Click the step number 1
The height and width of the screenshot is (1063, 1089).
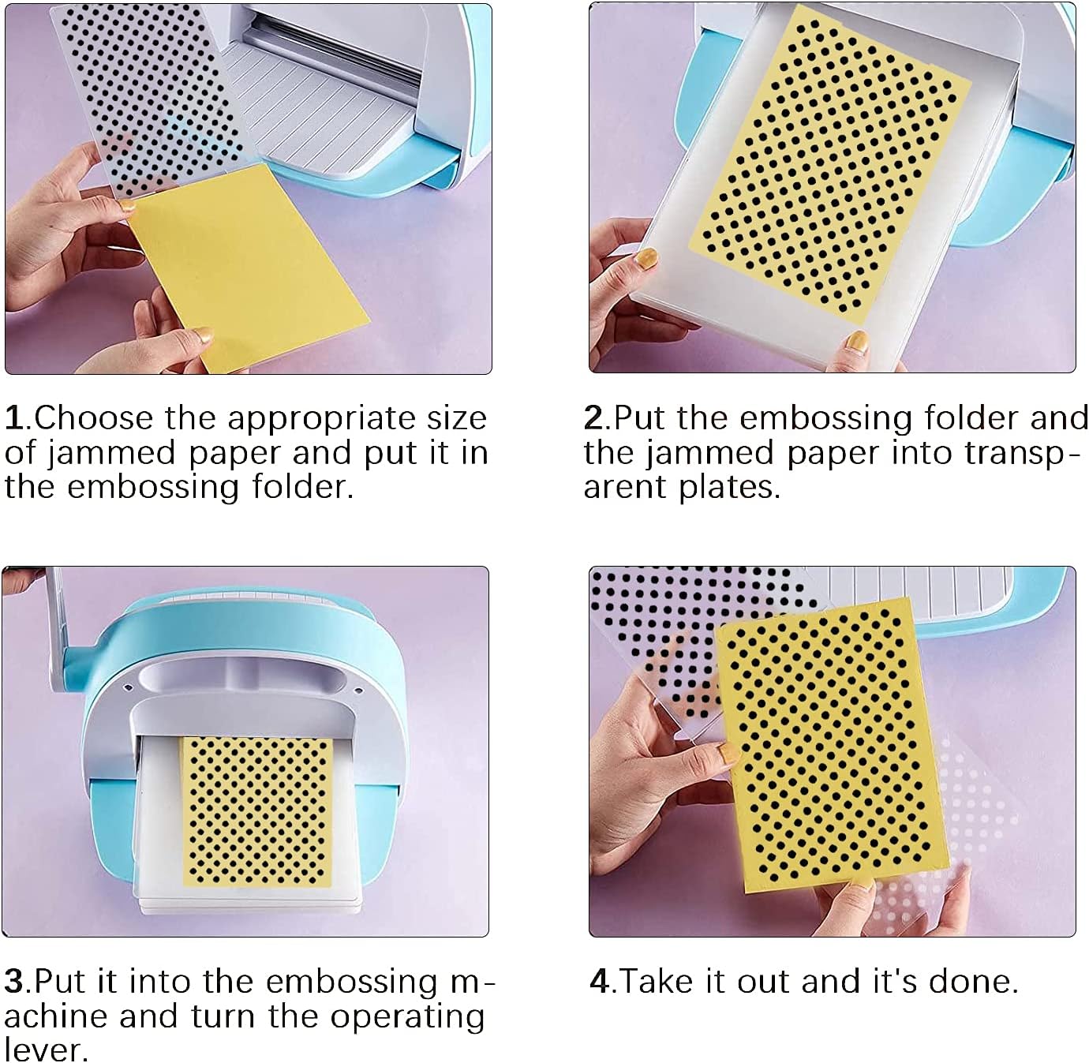tap(15, 418)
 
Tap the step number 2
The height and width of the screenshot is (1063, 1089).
tap(594, 418)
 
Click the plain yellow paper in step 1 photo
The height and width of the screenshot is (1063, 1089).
tap(249, 266)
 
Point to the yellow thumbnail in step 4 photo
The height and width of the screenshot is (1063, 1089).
tap(728, 754)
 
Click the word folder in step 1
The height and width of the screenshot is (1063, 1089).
tap(301, 487)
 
